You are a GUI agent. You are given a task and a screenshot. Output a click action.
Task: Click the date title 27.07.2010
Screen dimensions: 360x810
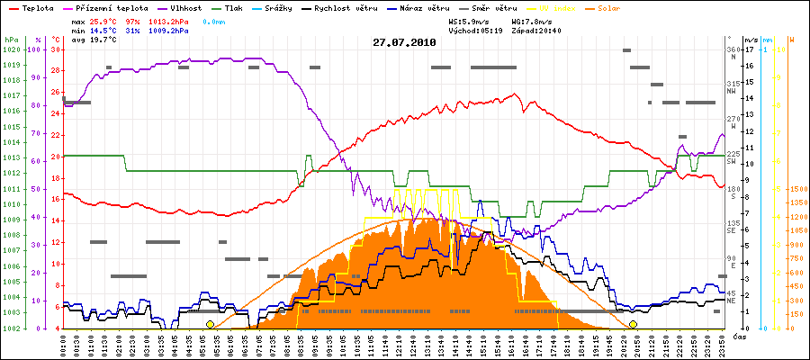coord(404,42)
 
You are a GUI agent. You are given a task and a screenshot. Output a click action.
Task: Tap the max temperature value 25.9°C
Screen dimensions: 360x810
coord(104,21)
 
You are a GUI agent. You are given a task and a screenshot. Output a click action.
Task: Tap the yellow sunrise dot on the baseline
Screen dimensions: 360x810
coord(210,324)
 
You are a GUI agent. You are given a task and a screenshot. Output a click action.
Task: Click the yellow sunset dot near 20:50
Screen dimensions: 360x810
coord(633,324)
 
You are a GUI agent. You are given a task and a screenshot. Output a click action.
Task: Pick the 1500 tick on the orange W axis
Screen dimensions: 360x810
coord(796,190)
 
